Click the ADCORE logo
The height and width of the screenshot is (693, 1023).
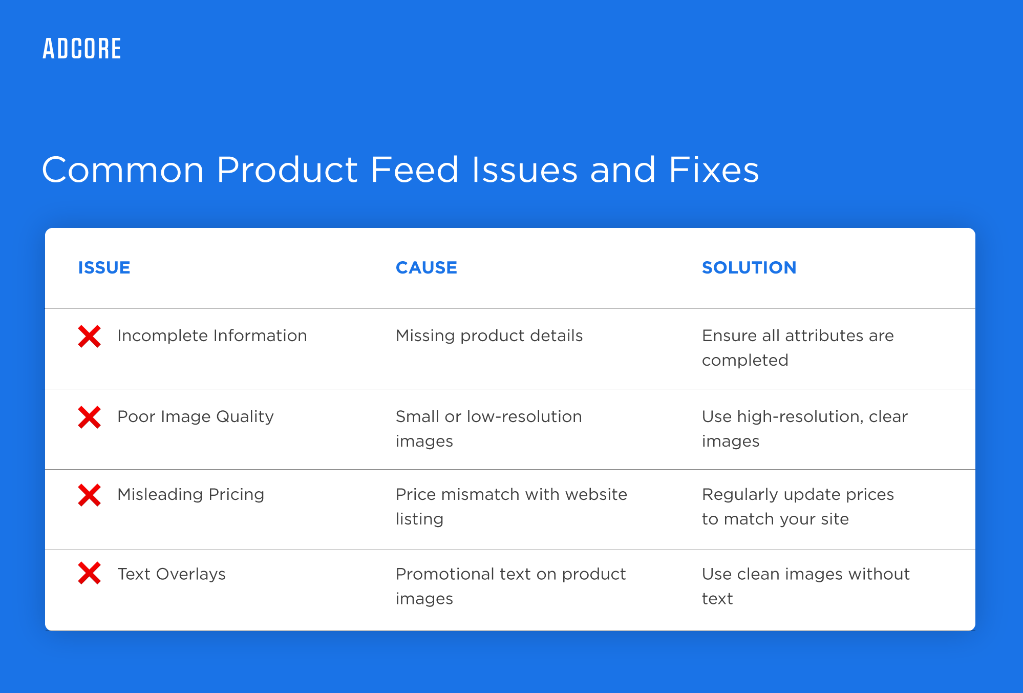tap(82, 49)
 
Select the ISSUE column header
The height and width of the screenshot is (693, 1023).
tap(104, 267)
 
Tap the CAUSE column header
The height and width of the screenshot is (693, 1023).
tap(426, 267)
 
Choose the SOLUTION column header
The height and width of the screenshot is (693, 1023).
tap(749, 267)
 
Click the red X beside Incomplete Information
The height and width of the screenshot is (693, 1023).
tap(89, 337)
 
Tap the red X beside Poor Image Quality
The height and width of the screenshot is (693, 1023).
tap(89, 417)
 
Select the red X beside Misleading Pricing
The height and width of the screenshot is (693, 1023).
tap(89, 495)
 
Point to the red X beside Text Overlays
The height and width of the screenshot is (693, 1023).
tap(89, 573)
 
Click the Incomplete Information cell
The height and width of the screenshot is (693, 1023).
tap(212, 336)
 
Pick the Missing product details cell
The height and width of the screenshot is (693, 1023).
tap(489, 336)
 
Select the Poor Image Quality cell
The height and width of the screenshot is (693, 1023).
tap(195, 417)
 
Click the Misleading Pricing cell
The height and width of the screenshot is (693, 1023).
tap(190, 495)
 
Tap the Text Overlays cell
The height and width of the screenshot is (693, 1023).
tap(171, 574)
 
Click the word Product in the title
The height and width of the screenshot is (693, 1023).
tap(287, 170)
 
